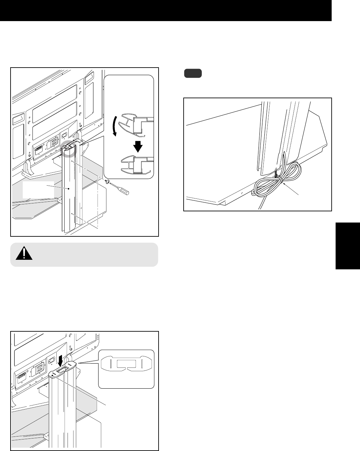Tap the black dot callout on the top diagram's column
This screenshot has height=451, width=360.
[68, 189]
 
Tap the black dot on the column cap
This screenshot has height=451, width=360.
[52, 375]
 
